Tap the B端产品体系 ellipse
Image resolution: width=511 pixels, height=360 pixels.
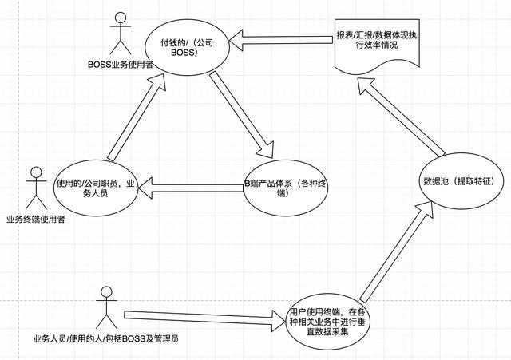pos(286,189)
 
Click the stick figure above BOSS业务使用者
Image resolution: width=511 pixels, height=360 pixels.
pos(120,32)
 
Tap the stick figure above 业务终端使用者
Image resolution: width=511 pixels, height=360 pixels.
pos(33,188)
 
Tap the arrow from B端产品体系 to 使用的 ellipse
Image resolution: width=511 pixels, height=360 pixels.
pos(192,189)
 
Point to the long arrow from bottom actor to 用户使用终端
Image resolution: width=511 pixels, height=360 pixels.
pos(204,318)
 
